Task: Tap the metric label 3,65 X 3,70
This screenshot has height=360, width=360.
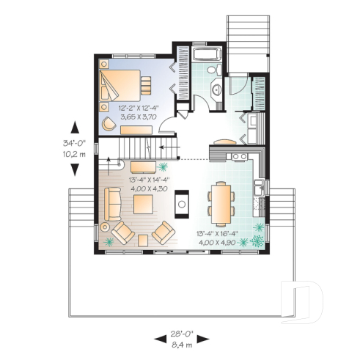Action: (136, 116)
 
